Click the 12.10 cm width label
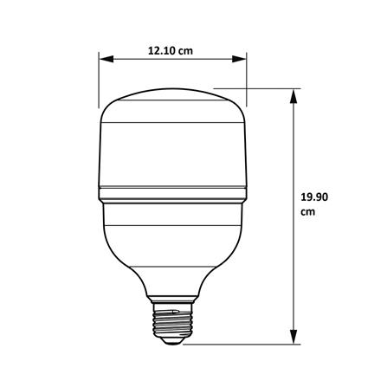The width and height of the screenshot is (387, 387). (x=170, y=49)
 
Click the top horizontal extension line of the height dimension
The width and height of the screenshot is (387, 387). (x=260, y=87)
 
